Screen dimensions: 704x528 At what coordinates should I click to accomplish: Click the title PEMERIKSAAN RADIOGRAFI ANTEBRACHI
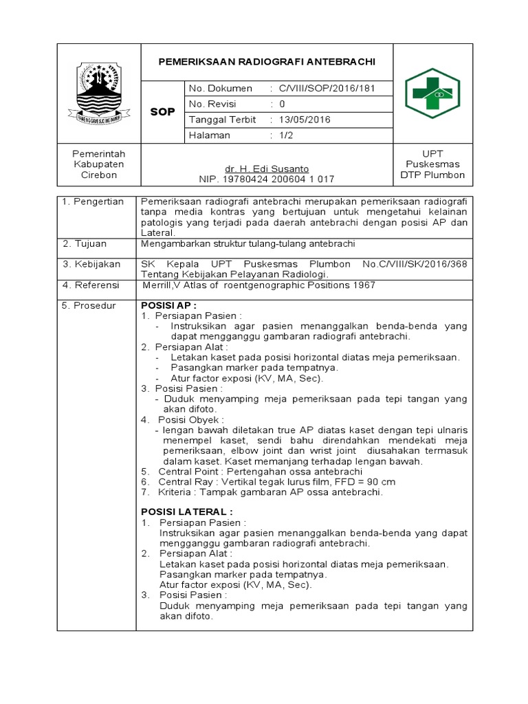pyautogui.click(x=267, y=61)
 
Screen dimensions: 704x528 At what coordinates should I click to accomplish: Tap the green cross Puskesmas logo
pyautogui.click(x=432, y=93)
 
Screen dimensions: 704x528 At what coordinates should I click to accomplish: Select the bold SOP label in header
pyautogui.click(x=162, y=111)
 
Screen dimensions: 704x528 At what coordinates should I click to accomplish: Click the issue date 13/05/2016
pyautogui.click(x=304, y=120)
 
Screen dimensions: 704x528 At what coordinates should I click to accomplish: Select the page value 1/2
pyautogui.click(x=287, y=135)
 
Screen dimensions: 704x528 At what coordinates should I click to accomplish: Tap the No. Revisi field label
pyautogui.click(x=212, y=104)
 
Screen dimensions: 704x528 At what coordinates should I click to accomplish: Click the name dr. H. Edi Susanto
pyautogui.click(x=267, y=168)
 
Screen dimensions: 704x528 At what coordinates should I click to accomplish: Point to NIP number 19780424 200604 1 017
pyautogui.click(x=267, y=179)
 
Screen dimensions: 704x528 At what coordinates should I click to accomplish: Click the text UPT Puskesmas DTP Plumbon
pyautogui.click(x=432, y=164)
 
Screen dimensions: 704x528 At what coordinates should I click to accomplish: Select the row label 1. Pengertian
pyautogui.click(x=93, y=201)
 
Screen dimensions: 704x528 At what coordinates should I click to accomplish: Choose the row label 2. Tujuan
pyautogui.click(x=85, y=244)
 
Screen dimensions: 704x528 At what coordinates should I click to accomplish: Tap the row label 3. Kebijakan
pyautogui.click(x=91, y=264)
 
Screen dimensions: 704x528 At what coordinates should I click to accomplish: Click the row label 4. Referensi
pyautogui.click(x=91, y=285)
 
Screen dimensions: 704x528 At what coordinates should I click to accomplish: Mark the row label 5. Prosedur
pyautogui.click(x=89, y=305)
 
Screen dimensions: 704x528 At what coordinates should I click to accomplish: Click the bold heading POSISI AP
pyautogui.click(x=169, y=305)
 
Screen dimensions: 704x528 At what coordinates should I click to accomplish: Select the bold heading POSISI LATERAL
pyautogui.click(x=186, y=511)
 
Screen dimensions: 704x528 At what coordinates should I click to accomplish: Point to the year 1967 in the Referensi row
pyautogui.click(x=364, y=285)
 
